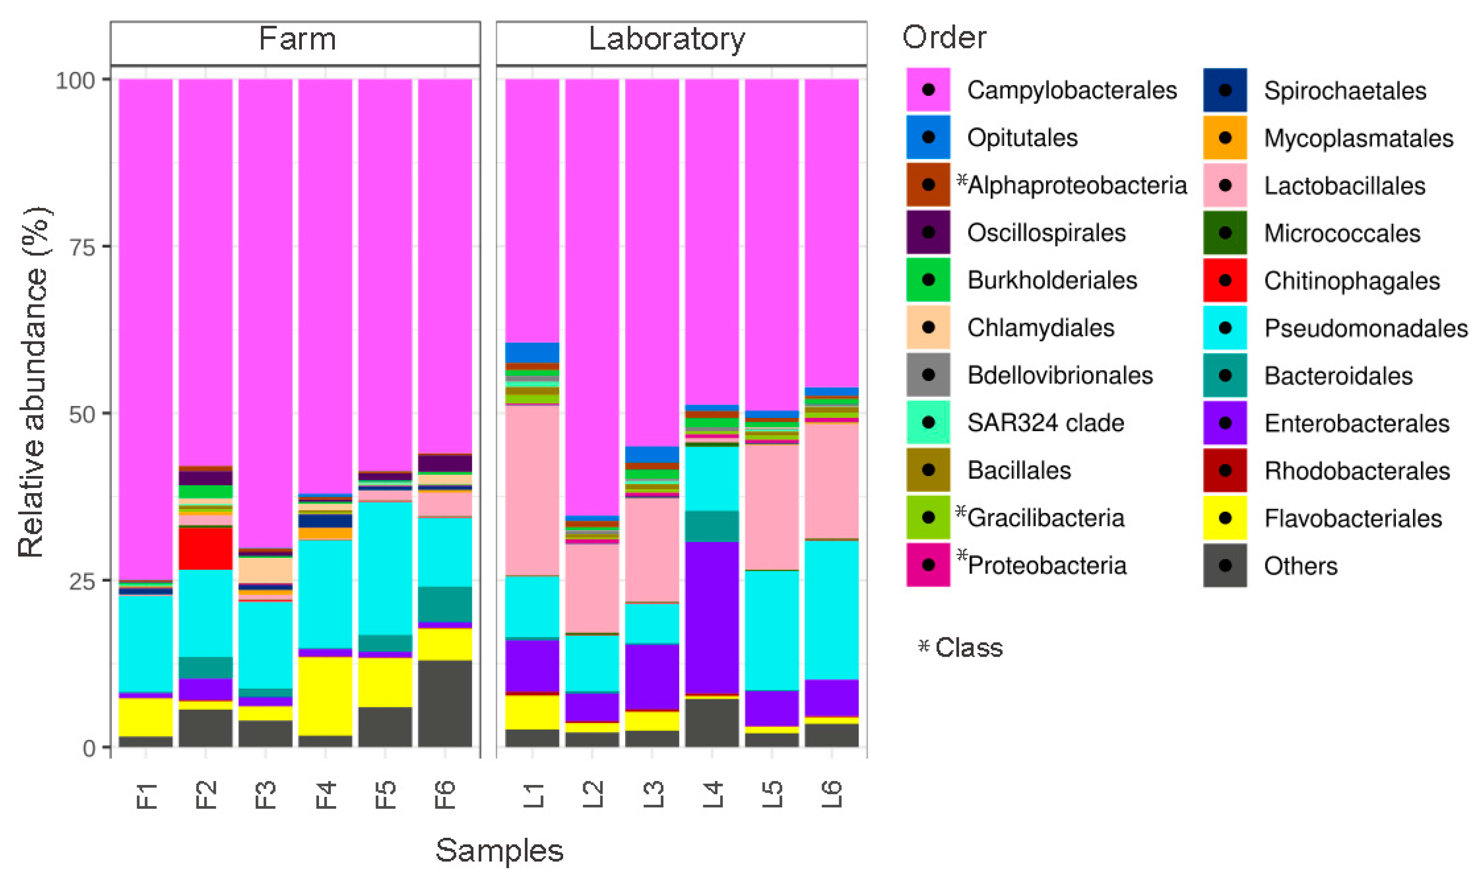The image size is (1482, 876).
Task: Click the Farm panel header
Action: (x=297, y=40)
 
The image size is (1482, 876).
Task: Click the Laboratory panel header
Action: (x=667, y=40)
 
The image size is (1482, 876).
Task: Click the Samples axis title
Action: (x=499, y=851)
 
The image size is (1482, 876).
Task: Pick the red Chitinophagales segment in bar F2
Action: (x=206, y=548)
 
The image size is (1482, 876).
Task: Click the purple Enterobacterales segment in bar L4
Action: (x=712, y=617)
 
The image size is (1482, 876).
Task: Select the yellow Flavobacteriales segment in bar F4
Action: (x=326, y=695)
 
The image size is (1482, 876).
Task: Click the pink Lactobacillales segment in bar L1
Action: (x=532, y=490)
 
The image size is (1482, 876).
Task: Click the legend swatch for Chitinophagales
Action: (x=1225, y=280)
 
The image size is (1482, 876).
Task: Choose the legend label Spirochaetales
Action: (x=1344, y=91)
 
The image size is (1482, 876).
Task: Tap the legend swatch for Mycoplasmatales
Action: (x=1225, y=138)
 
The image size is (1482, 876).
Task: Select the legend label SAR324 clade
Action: (x=1045, y=423)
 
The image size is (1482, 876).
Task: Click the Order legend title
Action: (x=944, y=38)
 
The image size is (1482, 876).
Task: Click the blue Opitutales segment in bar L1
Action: (x=532, y=353)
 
